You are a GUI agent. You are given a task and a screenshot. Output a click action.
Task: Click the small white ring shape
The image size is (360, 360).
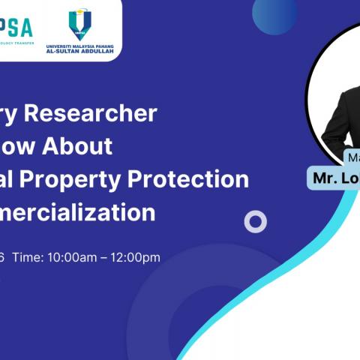click(x=256, y=221)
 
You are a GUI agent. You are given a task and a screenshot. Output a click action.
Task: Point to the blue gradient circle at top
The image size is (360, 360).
click(x=274, y=13)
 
